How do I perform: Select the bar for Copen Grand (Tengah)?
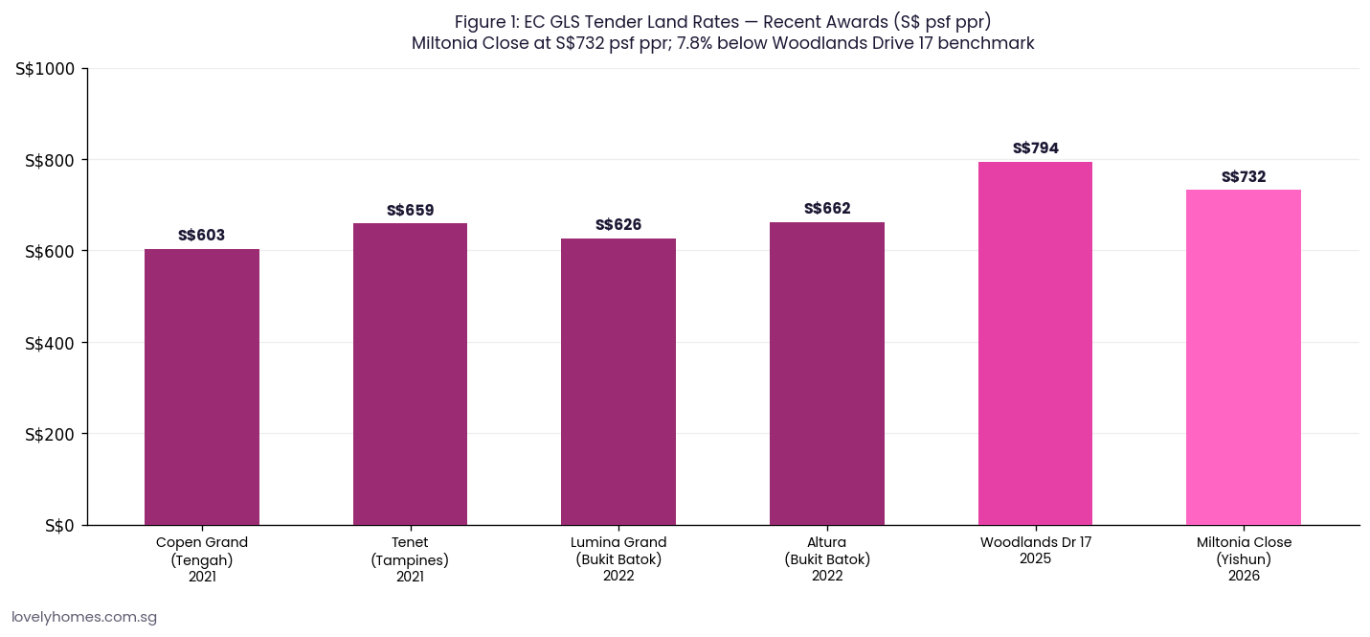coord(201,387)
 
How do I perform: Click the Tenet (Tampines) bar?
coord(410,374)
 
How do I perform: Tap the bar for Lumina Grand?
coord(618,381)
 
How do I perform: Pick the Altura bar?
coord(826,374)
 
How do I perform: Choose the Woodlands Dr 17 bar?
coord(1035,343)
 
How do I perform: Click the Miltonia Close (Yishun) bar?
coord(1243,357)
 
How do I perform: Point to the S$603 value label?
coord(201,236)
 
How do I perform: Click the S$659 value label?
coord(410,211)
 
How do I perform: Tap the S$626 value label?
coord(618,225)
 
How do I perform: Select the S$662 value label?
coord(827,209)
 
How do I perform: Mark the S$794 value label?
coord(1035,148)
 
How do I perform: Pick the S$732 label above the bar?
coord(1244,177)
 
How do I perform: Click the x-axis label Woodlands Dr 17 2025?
coord(1035,550)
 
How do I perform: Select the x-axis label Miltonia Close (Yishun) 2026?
coord(1244,558)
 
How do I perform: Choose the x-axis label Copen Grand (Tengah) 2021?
coord(201,558)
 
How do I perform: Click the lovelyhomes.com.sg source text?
coord(84,618)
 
